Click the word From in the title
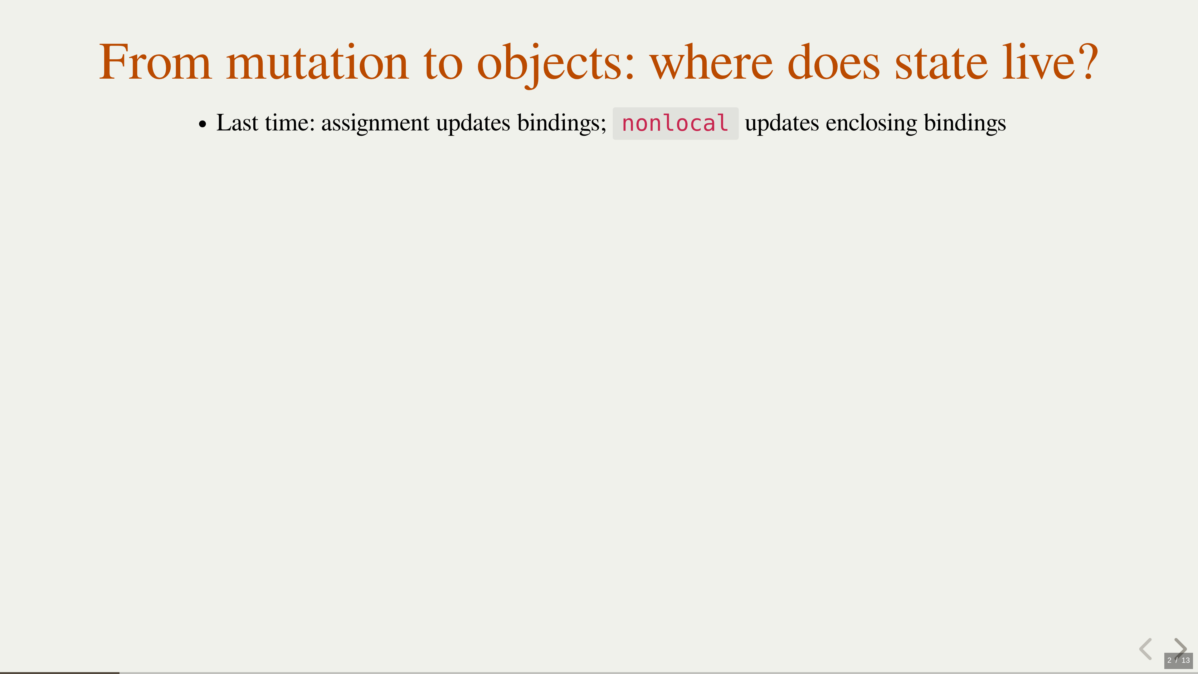point(155,62)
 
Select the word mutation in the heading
point(317,62)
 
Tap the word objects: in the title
point(556,65)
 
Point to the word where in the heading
point(711,62)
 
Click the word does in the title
point(833,62)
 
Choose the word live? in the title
point(1050,62)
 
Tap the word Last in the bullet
point(237,123)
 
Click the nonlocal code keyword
point(675,123)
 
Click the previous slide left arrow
point(1146,649)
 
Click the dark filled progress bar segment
point(60,673)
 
